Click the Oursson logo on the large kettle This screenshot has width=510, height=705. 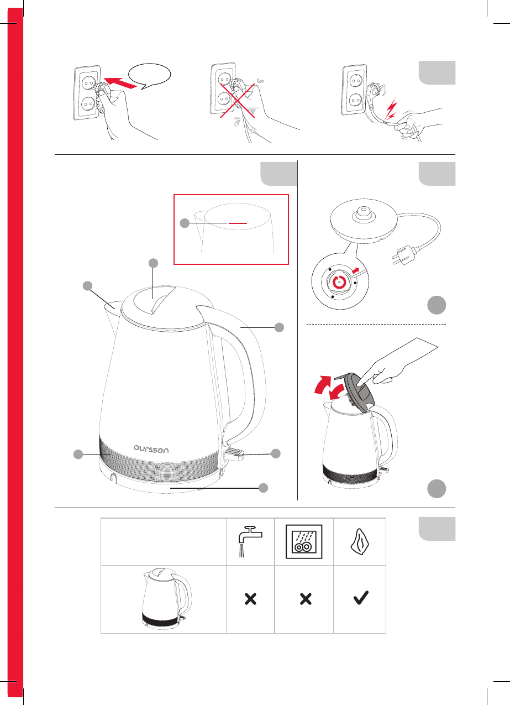[x=151, y=449]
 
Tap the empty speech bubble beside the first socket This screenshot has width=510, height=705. [x=151, y=76]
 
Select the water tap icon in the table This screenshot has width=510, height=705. [x=250, y=541]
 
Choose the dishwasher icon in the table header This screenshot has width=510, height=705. [x=304, y=542]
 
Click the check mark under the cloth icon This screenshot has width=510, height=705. [x=361, y=598]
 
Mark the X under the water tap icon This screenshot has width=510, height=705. [x=250, y=599]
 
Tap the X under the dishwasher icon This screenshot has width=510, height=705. [x=306, y=599]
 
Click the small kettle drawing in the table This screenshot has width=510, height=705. [x=167, y=598]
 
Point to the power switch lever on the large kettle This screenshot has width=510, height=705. [x=234, y=453]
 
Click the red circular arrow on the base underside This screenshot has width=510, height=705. [x=339, y=281]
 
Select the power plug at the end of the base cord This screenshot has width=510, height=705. [x=406, y=254]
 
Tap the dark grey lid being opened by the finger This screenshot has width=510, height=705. [x=359, y=389]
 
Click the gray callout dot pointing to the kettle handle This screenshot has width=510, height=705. [x=279, y=327]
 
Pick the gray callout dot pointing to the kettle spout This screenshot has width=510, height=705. [x=88, y=286]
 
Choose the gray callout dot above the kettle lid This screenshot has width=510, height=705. [x=153, y=263]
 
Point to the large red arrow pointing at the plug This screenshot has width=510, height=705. [x=120, y=82]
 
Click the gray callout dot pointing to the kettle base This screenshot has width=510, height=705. [x=263, y=488]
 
